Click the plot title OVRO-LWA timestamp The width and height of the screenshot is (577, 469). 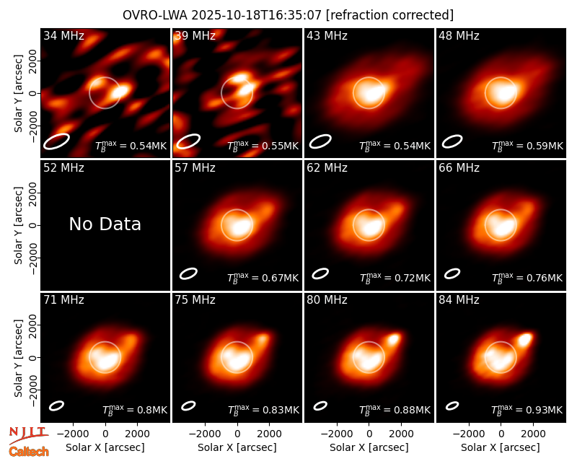(x=288, y=15)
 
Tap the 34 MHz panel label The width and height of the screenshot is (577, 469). (x=63, y=35)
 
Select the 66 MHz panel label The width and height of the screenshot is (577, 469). (x=459, y=168)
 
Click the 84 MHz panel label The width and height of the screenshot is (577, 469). (x=459, y=300)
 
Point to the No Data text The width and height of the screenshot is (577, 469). (x=105, y=224)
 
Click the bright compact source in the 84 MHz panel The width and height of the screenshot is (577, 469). (x=525, y=338)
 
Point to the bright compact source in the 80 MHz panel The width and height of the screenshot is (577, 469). (x=394, y=338)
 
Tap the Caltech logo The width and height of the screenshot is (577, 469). (x=29, y=452)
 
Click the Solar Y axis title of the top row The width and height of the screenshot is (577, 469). (x=18, y=94)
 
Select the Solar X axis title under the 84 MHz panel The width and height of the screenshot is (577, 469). (x=501, y=447)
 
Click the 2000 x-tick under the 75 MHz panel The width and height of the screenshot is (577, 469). (x=269, y=434)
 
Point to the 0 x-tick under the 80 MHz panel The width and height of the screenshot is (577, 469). (x=369, y=434)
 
